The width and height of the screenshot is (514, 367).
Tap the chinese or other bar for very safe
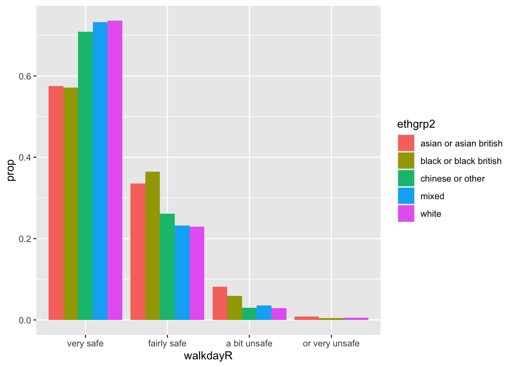point(85,176)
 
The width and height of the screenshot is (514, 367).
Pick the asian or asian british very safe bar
point(56,203)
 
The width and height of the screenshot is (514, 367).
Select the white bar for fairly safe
point(197,273)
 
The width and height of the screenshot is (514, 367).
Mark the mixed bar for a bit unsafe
point(264,313)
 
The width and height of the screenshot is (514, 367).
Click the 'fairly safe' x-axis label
point(167,343)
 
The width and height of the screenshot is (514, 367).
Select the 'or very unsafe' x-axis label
point(331,343)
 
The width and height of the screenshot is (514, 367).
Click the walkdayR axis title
point(208,356)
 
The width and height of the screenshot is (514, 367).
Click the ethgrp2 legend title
point(416,124)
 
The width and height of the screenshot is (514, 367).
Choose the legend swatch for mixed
point(406,196)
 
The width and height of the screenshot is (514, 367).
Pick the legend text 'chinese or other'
point(452,179)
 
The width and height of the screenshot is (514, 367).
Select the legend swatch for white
point(406,214)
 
